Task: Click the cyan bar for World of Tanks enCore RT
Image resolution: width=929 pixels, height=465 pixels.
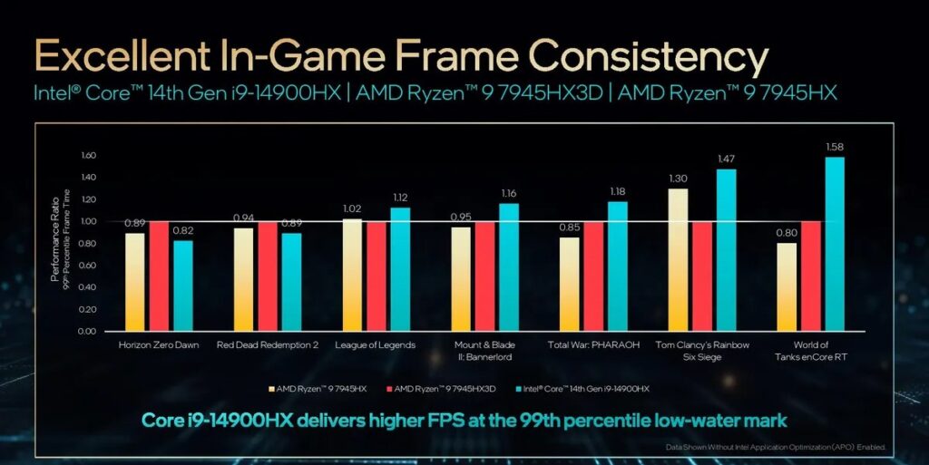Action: (x=835, y=244)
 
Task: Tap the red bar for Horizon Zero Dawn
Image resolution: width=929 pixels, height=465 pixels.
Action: (x=160, y=276)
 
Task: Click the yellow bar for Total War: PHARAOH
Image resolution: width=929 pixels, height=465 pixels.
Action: (x=570, y=284)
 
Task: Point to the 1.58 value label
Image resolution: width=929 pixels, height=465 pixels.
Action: (x=835, y=147)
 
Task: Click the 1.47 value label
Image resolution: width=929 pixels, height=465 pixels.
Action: (x=726, y=159)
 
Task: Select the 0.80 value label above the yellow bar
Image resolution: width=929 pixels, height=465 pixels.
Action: (x=787, y=232)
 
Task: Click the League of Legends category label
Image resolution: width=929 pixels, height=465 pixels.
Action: (x=375, y=345)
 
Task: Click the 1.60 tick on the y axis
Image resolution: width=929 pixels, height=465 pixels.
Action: (x=87, y=155)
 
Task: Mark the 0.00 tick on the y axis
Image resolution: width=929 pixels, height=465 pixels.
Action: (x=87, y=331)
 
